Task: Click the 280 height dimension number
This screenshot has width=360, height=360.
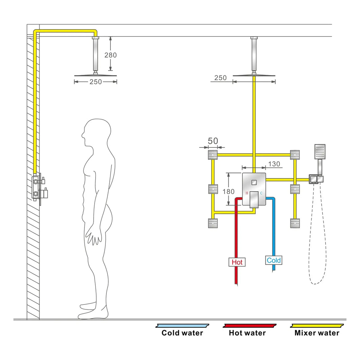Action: point(110,55)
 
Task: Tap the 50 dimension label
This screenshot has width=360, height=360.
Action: point(213,141)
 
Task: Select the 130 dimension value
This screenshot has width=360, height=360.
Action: point(274,164)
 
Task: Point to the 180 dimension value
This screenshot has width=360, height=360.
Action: point(228,191)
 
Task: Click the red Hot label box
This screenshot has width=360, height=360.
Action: point(237,262)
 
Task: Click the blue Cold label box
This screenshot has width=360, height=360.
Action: point(274,260)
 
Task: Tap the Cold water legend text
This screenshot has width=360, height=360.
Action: point(182,333)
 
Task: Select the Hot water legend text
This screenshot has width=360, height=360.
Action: point(247,333)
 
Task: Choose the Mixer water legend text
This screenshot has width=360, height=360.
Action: point(317,333)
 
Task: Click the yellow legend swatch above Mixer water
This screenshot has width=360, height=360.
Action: point(317,326)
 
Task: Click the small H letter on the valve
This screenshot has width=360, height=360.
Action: point(247,193)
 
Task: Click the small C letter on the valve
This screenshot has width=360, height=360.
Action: point(261,193)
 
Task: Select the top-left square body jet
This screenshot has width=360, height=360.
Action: point(213,155)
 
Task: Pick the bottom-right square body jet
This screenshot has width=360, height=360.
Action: point(295,223)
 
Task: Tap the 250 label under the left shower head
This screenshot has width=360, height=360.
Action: point(96,82)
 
